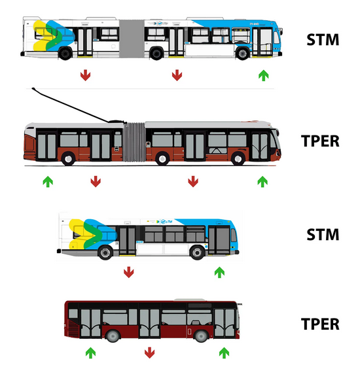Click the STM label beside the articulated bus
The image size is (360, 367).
(x=323, y=40)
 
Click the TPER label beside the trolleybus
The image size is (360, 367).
(x=320, y=141)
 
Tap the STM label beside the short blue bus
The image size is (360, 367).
(x=323, y=234)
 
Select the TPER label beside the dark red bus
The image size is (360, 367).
(x=320, y=324)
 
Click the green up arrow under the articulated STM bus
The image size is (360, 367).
(x=264, y=75)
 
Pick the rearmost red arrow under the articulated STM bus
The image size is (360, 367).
(x=86, y=75)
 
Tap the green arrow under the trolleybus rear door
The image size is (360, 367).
(x=48, y=182)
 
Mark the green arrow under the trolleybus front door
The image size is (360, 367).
(x=262, y=182)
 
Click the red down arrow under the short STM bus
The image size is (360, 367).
(x=129, y=272)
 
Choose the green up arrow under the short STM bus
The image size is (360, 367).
(x=219, y=272)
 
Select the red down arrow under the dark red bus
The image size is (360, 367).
(x=150, y=353)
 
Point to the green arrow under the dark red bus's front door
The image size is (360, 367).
(x=224, y=353)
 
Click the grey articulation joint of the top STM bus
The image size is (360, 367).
(x=132, y=39)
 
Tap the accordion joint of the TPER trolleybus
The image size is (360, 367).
(x=134, y=142)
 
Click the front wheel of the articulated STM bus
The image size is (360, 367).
(x=243, y=54)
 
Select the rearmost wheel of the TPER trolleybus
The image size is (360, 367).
(x=68, y=159)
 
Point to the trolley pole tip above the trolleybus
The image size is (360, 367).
(x=33, y=89)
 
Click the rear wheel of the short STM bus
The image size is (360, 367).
(x=105, y=253)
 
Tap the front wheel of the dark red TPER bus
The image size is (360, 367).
(x=201, y=336)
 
